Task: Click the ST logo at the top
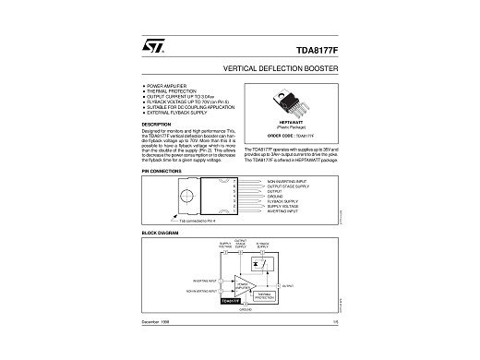click(x=150, y=42)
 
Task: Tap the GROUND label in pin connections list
click(x=275, y=197)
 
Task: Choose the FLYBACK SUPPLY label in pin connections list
click(x=282, y=201)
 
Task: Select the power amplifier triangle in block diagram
click(x=244, y=284)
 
